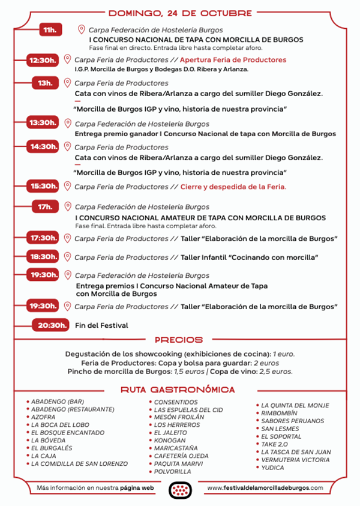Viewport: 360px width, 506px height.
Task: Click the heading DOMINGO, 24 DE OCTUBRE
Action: point(179,12)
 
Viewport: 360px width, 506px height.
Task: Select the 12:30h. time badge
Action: point(44,59)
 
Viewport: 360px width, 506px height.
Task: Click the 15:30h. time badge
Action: point(44,187)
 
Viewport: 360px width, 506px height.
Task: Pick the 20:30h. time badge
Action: point(50,325)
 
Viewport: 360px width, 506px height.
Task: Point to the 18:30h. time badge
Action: point(44,257)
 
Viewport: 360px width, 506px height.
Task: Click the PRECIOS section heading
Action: point(179,340)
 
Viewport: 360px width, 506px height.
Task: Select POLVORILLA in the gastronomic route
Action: point(173,472)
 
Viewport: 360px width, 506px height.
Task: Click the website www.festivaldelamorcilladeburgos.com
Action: point(264,488)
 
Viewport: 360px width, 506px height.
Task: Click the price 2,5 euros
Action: point(276,372)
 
